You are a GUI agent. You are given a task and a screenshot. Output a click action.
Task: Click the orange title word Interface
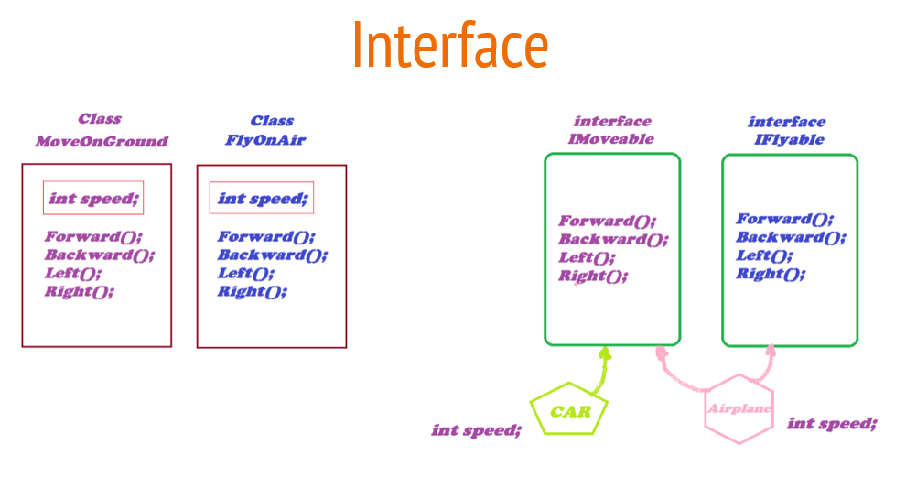450,46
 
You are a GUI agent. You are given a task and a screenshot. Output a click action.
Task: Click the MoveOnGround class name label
101,142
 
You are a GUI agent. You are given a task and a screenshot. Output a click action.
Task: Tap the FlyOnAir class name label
265,140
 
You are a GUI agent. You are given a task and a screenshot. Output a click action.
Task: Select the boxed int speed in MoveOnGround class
93,198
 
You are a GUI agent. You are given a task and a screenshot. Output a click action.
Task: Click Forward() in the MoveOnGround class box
93,236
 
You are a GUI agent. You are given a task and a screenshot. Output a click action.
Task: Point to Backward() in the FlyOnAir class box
272,255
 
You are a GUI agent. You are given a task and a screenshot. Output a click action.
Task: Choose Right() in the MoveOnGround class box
80,291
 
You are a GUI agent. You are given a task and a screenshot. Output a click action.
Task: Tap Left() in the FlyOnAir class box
245,273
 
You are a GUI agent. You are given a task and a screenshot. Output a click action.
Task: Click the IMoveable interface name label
611,139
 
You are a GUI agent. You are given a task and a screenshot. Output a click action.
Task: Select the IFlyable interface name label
788,140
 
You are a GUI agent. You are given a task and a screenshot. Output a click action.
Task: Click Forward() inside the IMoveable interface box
608,221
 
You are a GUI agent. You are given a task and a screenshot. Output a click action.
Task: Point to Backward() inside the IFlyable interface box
791,237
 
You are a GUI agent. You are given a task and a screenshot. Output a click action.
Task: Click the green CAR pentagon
569,410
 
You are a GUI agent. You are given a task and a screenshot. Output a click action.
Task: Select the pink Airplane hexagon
739,408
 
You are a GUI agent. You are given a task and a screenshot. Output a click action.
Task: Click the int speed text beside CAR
476,429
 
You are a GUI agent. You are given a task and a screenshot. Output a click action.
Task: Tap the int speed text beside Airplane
831,423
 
